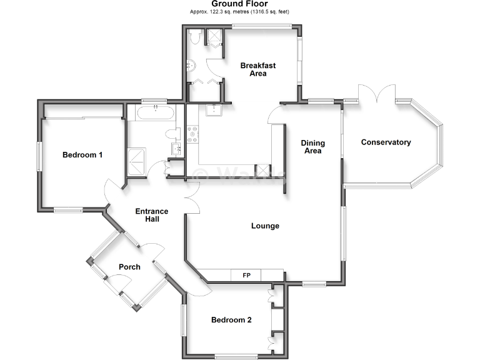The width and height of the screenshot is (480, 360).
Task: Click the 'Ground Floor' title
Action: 241,4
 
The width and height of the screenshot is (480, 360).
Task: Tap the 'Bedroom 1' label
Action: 82,155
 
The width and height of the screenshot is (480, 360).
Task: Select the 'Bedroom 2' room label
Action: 231,320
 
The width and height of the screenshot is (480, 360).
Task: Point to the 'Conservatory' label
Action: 386,142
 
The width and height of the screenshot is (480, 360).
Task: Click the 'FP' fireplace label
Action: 246,275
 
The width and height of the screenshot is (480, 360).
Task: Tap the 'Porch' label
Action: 129,267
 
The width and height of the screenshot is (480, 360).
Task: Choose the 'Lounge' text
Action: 265,226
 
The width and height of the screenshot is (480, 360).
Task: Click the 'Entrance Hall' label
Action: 152,216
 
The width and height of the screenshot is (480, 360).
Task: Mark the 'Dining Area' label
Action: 312,147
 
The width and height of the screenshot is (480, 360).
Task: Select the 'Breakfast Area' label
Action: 258,69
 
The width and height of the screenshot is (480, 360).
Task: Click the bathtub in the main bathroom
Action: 154,114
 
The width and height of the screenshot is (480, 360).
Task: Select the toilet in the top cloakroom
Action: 196,38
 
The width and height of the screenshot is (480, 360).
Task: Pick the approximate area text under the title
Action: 241,12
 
